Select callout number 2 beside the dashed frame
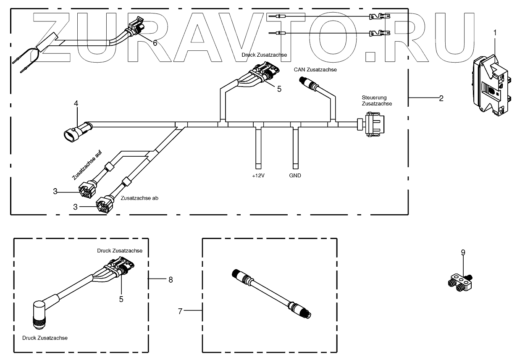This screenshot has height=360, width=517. coord(441,98)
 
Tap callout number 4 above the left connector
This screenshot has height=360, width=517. coord(76,103)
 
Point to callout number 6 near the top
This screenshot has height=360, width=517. coord(155,43)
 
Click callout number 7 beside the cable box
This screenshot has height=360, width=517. coord(180,311)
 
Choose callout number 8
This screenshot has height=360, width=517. coord(171,279)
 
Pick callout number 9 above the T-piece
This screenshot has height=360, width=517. coord(463,252)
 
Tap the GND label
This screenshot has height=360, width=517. coord(295,176)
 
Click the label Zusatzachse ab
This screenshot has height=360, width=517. coord(139,197)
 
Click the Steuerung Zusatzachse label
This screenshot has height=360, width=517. coord(377,100)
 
